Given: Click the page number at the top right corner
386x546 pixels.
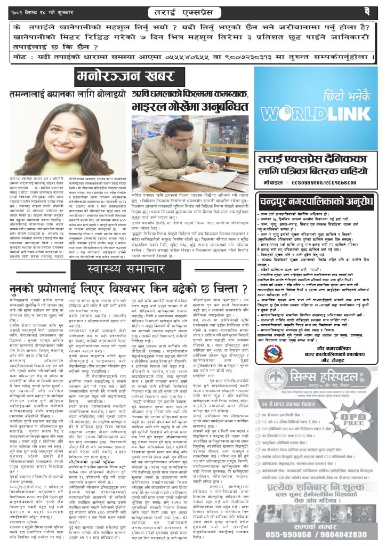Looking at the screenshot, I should pos(367,11).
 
